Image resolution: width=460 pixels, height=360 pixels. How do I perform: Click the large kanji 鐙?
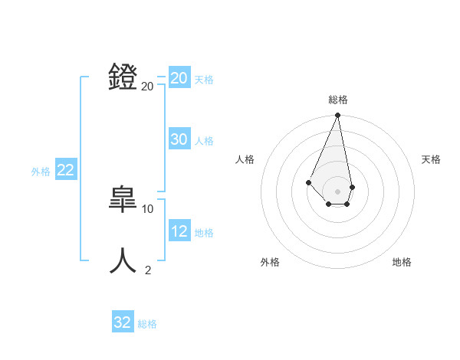coord(123,77)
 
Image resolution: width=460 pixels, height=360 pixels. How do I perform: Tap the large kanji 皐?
coord(123,199)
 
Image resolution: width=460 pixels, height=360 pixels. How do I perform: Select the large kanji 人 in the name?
coord(123,260)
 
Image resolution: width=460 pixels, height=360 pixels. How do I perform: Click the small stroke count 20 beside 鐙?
coord(148,86)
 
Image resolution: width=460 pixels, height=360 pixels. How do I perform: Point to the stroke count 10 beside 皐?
coord(148,208)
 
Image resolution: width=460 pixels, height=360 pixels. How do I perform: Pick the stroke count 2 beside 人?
coord(148,270)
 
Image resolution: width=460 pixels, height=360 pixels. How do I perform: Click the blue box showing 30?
coord(179,139)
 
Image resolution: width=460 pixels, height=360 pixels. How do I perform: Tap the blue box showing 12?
coord(179,231)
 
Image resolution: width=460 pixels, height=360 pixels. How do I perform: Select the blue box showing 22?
coord(66,170)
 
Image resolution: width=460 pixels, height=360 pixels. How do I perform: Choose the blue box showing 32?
coord(123,322)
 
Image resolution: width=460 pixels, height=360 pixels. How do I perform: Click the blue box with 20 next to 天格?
coord(179,78)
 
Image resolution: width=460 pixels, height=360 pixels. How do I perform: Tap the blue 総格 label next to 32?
coord(147,324)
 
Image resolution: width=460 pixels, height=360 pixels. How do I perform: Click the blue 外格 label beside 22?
coord(41,172)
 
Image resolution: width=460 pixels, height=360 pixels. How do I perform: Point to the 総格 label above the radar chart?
coord(338,100)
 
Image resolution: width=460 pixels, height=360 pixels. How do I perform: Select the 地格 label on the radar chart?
coord(402,262)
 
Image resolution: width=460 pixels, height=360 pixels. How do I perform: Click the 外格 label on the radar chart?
coord(270,262)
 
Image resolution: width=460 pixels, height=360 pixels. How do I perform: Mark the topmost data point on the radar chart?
coord(337,116)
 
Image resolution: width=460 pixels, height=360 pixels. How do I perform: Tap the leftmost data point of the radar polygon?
coord(308,182)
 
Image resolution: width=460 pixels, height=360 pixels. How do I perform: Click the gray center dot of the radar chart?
coord(337,191)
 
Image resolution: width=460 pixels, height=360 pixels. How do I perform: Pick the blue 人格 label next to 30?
coord(204,141)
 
